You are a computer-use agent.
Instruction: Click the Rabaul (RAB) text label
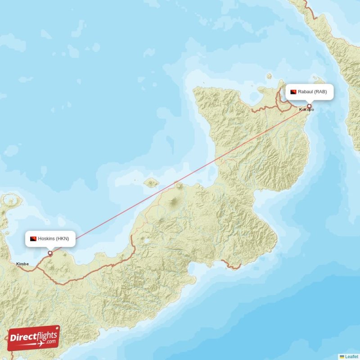(x=315, y=92)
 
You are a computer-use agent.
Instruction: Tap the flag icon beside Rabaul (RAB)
(x=293, y=92)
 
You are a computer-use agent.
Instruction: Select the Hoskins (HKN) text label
(x=54, y=238)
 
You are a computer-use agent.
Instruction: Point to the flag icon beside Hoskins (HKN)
(x=33, y=238)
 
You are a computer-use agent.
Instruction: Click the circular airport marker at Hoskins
(x=50, y=253)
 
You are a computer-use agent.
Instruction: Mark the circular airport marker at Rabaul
(x=309, y=107)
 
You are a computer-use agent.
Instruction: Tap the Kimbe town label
(x=22, y=264)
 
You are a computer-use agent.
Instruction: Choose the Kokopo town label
(x=306, y=110)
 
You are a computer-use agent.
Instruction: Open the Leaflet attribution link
(x=352, y=356)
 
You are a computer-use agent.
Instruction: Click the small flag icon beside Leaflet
(x=342, y=356)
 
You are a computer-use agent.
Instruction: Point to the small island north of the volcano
(x=151, y=183)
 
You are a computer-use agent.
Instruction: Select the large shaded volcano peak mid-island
(x=173, y=203)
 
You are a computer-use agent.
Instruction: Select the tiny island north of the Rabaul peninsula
(x=269, y=76)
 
